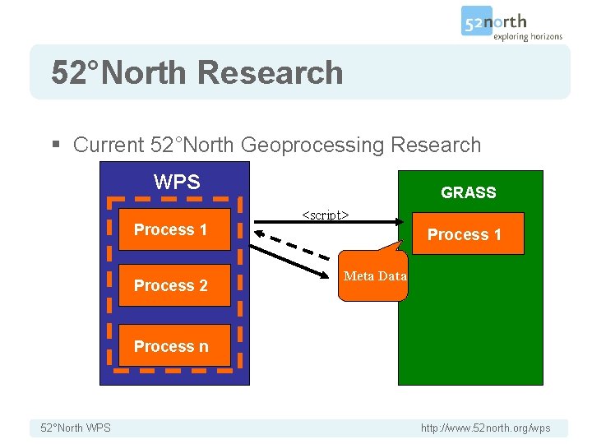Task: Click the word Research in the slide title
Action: pos(270,72)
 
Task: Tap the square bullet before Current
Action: pos(56,146)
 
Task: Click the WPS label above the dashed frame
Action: pos(177,182)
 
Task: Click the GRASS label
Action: pos(469,193)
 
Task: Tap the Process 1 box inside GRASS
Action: pos(465,235)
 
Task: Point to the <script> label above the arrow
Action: pos(326,215)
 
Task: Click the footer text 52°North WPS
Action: pos(76,428)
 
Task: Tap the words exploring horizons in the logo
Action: pos(528,36)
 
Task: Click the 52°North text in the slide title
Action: pos(119,72)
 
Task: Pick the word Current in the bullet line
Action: pos(109,146)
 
